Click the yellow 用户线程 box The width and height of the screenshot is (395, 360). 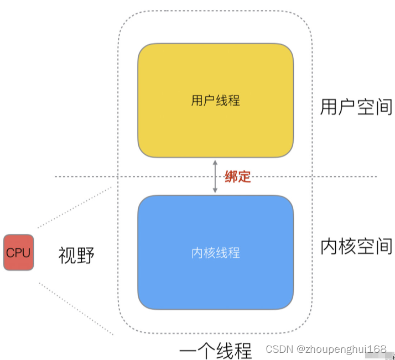coord(215,101)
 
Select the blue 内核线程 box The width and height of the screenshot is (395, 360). coord(215,252)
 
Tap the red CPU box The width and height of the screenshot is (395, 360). coord(18,252)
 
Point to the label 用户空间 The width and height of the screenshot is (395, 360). coord(356,107)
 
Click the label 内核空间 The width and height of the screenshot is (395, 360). coord(356,246)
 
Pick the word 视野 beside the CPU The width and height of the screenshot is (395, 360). coord(76,255)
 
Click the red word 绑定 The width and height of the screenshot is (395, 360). coord(237,177)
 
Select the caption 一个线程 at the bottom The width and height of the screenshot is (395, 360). coord(216,351)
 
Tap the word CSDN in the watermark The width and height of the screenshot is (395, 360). coord(279,349)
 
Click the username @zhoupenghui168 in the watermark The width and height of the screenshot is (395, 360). coord(341,349)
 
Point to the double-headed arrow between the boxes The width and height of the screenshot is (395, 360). coord(215,177)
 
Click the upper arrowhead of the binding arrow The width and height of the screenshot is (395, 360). coord(215,161)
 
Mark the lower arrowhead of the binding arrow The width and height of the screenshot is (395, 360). coord(215,191)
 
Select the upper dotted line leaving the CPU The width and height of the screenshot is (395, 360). coord(75,207)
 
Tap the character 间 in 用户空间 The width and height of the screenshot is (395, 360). coord(383,107)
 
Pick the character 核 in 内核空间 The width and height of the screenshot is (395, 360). coord(347,246)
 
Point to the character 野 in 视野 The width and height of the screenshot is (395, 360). coord(86,255)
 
